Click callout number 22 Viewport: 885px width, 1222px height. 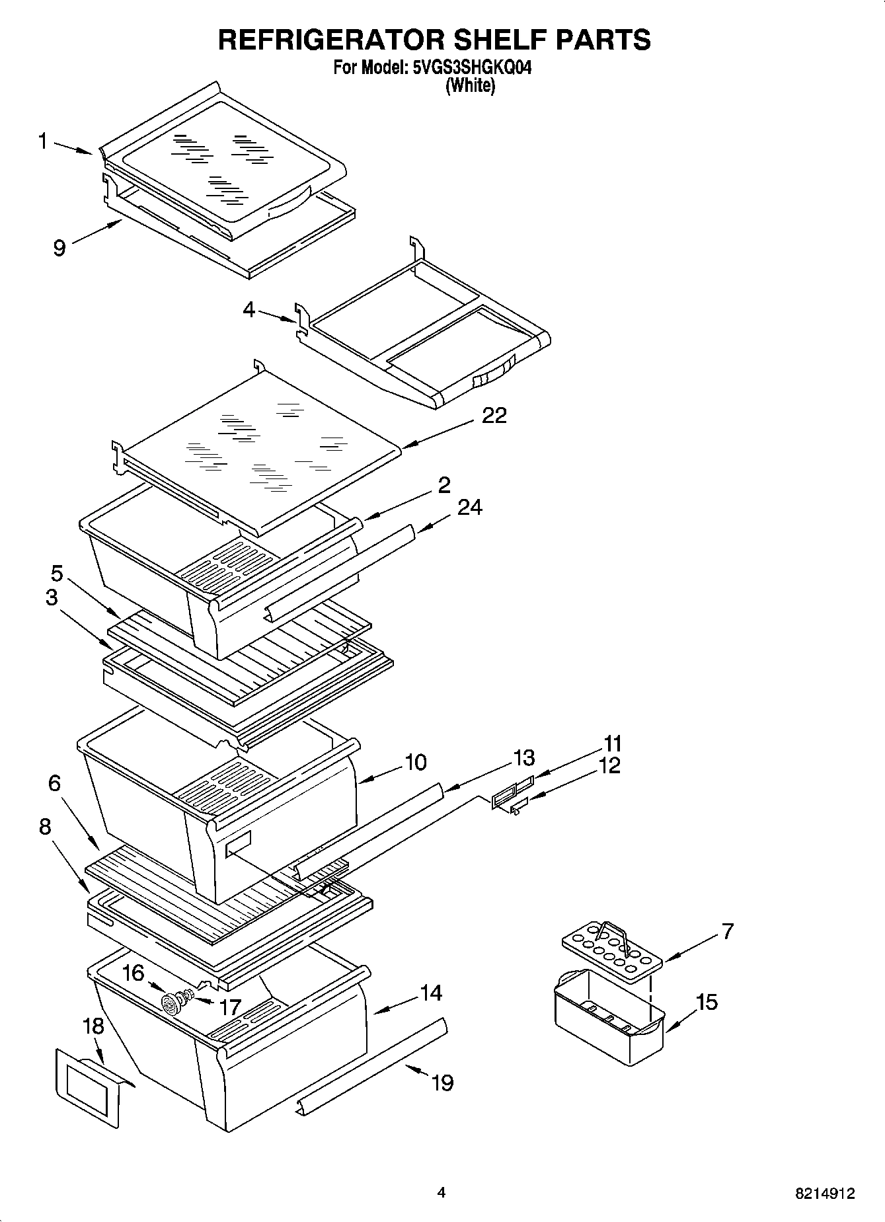tap(494, 415)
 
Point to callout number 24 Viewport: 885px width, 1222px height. tap(469, 507)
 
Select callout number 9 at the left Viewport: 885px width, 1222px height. tap(59, 248)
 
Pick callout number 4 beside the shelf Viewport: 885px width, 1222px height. tap(249, 309)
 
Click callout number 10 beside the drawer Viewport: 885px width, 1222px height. tap(415, 762)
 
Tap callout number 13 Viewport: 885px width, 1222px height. tap(523, 757)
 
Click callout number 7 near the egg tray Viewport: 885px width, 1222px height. tap(727, 931)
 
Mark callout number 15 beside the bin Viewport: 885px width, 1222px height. tap(706, 1002)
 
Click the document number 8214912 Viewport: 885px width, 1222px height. tap(824, 1194)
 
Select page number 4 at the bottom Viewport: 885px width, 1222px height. tap(441, 1192)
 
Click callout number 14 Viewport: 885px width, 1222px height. tap(431, 993)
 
